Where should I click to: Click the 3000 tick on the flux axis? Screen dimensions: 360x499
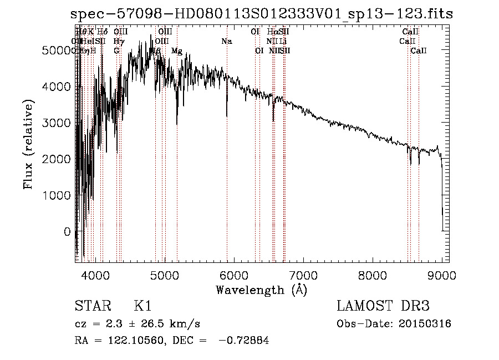(x=56, y=123)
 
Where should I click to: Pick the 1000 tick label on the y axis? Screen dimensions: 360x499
(x=56, y=196)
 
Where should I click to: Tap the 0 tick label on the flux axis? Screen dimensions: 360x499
(x=68, y=232)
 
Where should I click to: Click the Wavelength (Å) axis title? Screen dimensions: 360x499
(x=261, y=290)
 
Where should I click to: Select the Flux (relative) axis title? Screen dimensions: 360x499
(x=28, y=144)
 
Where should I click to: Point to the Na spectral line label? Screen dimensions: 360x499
(x=226, y=42)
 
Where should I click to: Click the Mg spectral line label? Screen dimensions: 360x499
(x=177, y=51)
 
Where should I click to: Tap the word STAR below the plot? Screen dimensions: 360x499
(x=92, y=307)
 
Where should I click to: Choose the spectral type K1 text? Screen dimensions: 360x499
(x=142, y=307)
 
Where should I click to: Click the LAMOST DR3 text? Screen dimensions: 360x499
(x=383, y=307)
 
